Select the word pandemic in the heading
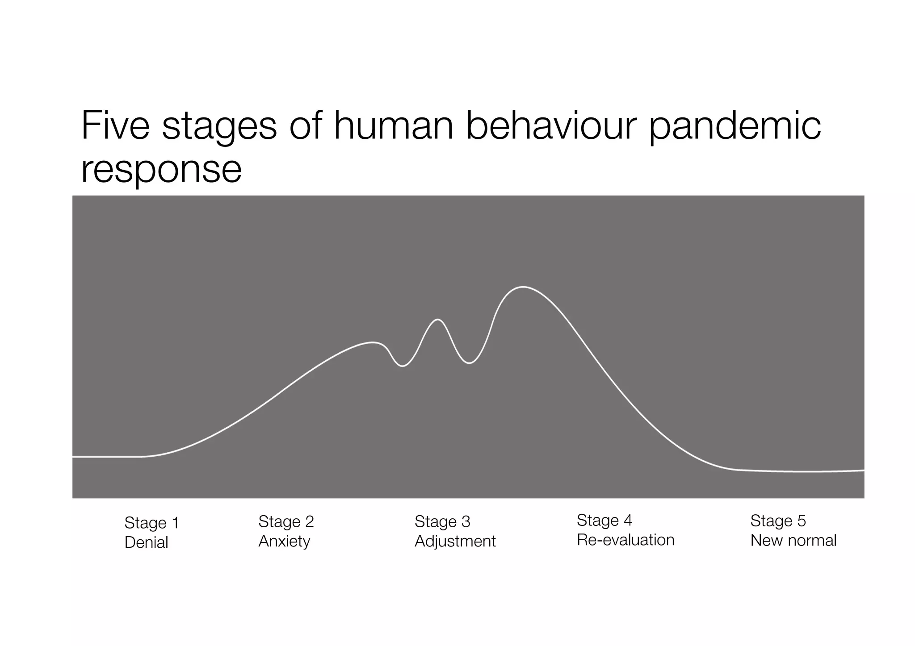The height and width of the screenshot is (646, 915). click(735, 127)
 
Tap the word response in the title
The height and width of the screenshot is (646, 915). click(161, 170)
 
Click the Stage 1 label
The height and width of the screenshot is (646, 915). click(151, 523)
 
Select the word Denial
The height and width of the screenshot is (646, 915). click(146, 542)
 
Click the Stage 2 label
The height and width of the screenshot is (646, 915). click(286, 521)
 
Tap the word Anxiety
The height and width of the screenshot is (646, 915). click(284, 541)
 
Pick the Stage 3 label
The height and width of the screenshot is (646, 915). click(442, 521)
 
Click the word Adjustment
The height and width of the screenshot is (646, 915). click(455, 541)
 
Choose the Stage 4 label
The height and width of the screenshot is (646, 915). click(604, 520)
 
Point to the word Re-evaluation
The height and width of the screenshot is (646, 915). click(625, 540)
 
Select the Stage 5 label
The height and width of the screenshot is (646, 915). click(778, 521)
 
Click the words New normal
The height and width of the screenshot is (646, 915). click(793, 540)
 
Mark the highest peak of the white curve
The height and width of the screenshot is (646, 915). click(522, 287)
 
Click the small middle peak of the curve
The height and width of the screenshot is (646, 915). click(438, 320)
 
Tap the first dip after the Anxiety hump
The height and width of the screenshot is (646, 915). click(403, 366)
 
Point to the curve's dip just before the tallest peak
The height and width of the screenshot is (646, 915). click(469, 363)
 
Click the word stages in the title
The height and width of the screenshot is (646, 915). click(219, 127)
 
